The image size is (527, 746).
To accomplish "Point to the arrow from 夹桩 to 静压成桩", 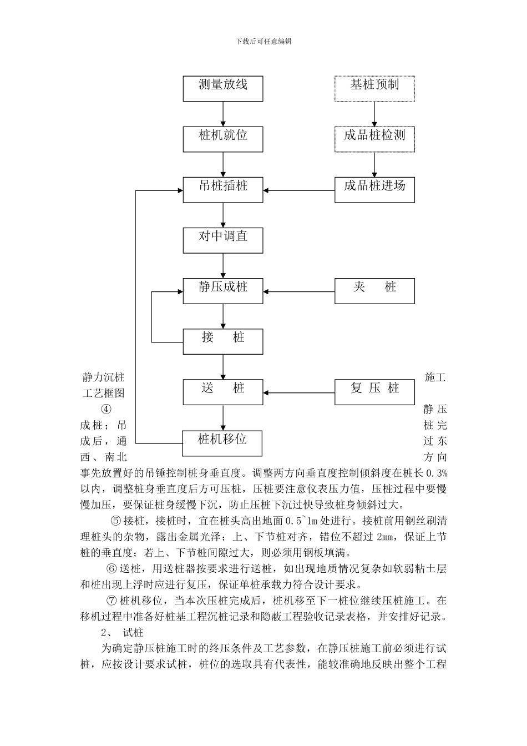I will (x=299, y=291).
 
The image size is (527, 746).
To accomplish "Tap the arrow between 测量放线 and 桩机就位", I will (x=223, y=114).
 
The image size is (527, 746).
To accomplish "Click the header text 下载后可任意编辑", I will (x=263, y=42).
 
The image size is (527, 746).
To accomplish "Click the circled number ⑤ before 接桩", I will (x=115, y=521).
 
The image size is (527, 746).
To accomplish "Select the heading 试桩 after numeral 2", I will (x=133, y=632).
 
